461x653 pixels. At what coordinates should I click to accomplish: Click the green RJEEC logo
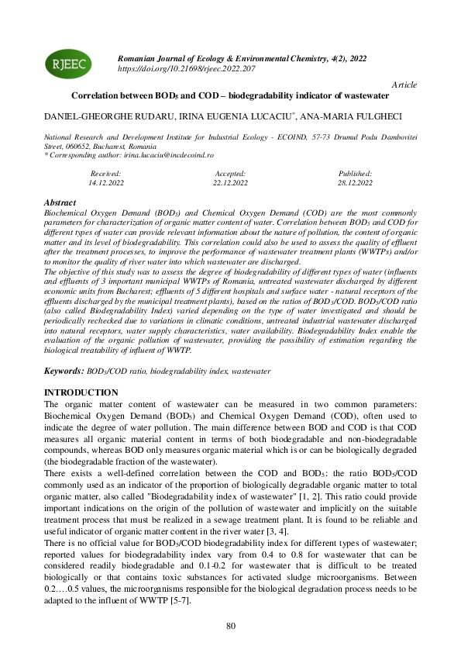(x=69, y=64)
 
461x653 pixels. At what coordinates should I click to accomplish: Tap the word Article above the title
(x=404, y=84)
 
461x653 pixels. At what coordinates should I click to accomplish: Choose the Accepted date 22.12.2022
(x=230, y=183)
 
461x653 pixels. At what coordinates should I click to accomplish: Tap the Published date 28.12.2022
(x=355, y=183)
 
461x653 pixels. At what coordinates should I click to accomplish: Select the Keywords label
(x=64, y=372)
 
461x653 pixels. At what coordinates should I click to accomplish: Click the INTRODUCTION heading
(x=81, y=392)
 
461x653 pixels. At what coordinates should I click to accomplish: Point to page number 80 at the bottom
(x=230, y=626)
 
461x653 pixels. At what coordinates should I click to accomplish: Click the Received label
(x=106, y=174)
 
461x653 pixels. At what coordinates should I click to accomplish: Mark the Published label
(x=355, y=174)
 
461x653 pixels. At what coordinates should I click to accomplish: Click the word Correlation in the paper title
(x=95, y=96)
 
